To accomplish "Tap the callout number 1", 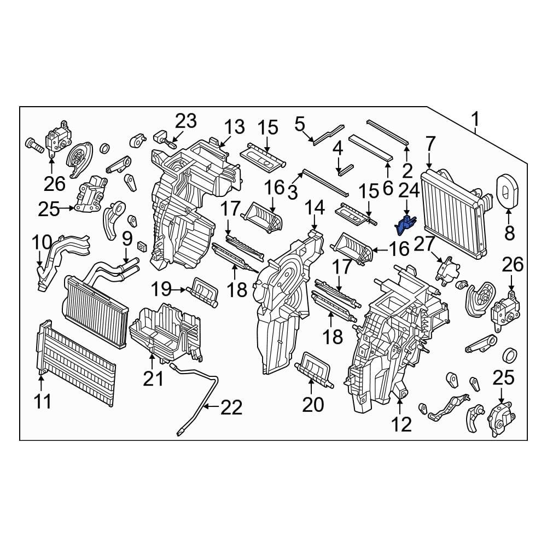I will pos(475,118).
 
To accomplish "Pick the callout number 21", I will pos(153,377).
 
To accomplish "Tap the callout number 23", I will pos(185,121).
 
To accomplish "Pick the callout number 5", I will pos(299,124).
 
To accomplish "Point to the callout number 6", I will pos(388,188).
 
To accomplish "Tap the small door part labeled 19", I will pos(203,290).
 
